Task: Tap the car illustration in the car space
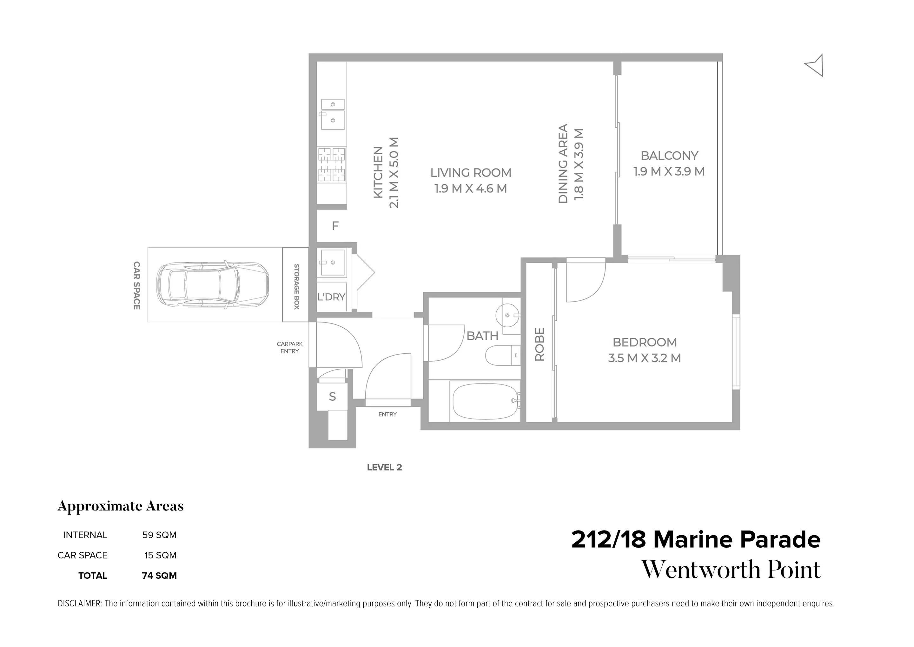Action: (212, 284)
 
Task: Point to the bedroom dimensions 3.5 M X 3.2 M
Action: (644, 358)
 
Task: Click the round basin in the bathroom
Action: (507, 315)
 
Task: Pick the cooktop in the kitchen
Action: (331, 164)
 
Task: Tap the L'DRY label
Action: (331, 297)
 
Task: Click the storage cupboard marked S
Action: (332, 397)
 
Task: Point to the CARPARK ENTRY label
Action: (289, 347)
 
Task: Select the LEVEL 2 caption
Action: (384, 467)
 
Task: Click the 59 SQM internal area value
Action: (159, 535)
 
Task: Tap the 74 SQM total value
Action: (159, 576)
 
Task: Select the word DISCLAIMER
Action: (80, 604)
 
